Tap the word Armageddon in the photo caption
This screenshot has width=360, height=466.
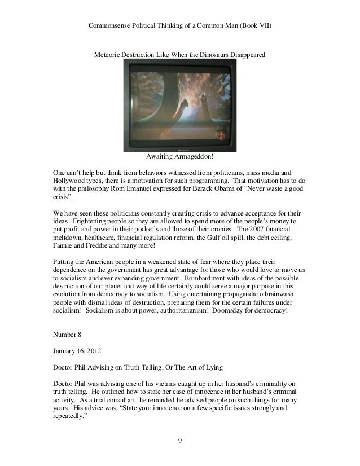click(x=195, y=155)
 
